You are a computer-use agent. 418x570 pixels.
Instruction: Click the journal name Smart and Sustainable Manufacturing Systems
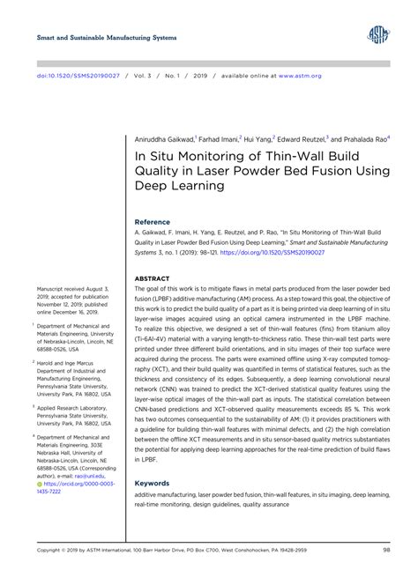click(x=105, y=39)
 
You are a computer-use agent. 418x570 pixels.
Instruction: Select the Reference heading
click(x=152, y=222)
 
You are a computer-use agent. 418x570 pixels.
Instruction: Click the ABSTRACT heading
click(x=152, y=278)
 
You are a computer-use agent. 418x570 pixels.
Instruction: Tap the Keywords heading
click(x=152, y=484)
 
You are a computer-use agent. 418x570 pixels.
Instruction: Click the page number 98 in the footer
click(x=386, y=549)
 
